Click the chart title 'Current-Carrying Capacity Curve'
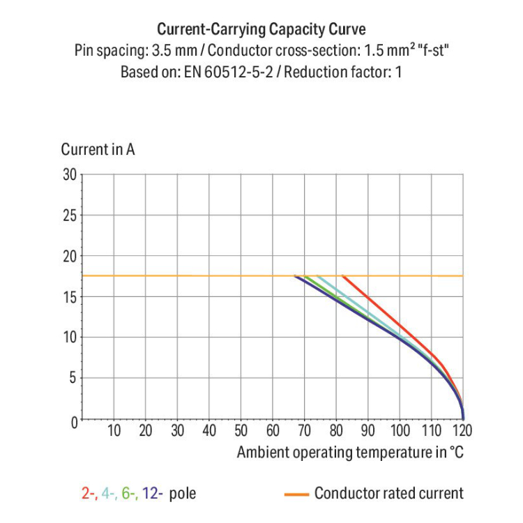(x=261, y=30)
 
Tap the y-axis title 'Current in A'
(x=98, y=149)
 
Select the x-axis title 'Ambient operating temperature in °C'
(x=350, y=452)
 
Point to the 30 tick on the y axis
(x=68, y=174)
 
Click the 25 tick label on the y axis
(x=68, y=215)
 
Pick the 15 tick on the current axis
(x=68, y=297)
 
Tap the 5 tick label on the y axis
(x=72, y=379)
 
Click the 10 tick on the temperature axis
(x=114, y=430)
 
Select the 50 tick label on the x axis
(x=241, y=430)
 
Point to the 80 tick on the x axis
(x=337, y=430)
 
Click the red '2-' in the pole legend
(x=89, y=494)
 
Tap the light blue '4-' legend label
(x=109, y=494)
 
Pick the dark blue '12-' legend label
(x=152, y=494)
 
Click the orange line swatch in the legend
(x=296, y=494)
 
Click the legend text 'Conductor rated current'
(x=388, y=494)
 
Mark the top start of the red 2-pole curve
(x=343, y=276)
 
